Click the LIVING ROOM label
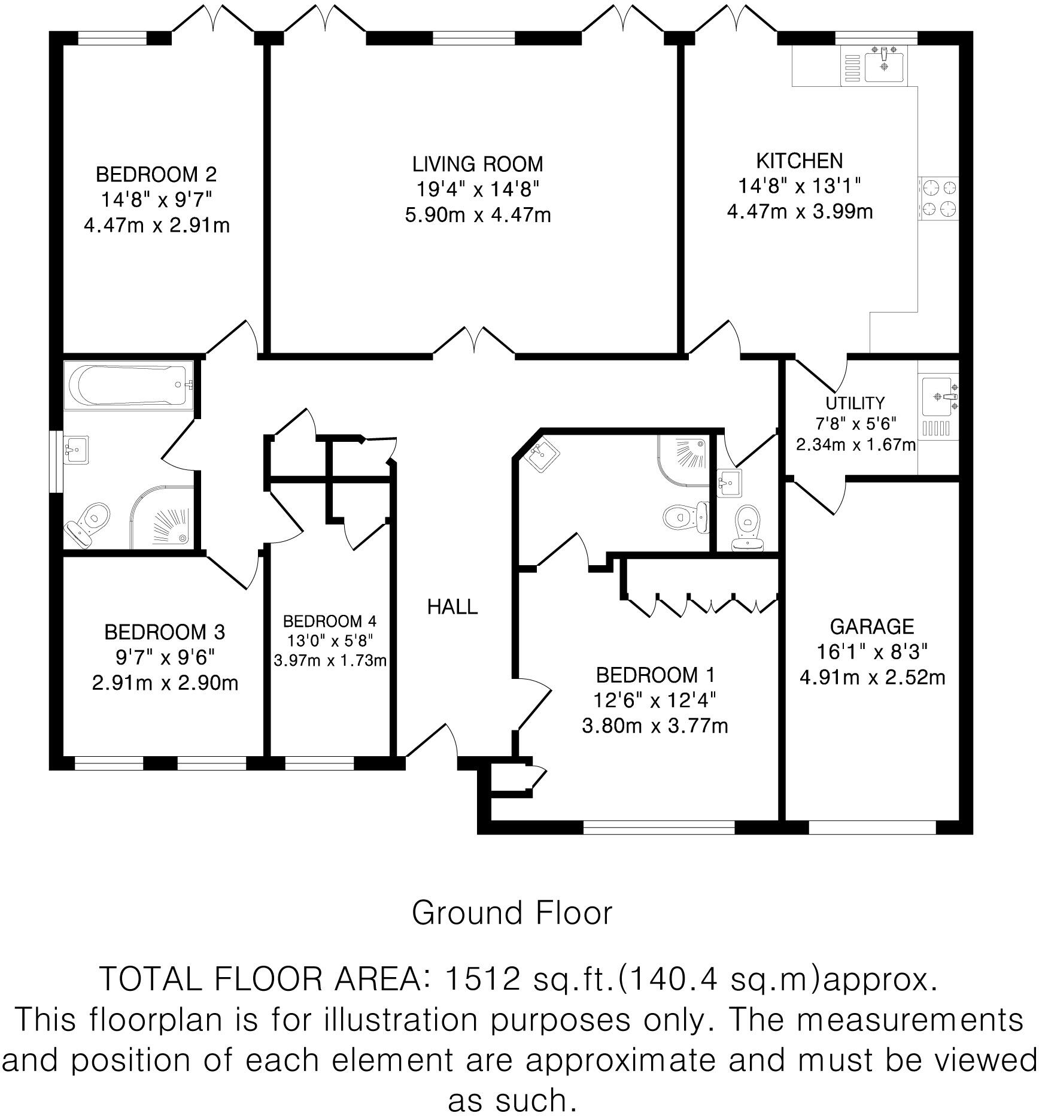478,164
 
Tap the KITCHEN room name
800,161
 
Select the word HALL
452,607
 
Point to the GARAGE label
872,626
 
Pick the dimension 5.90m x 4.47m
478,214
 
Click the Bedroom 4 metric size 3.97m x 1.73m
330,660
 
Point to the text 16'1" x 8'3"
872,651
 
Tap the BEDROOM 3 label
165,632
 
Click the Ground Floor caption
512,914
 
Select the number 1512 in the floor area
482,979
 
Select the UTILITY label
855,403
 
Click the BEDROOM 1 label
655,675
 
